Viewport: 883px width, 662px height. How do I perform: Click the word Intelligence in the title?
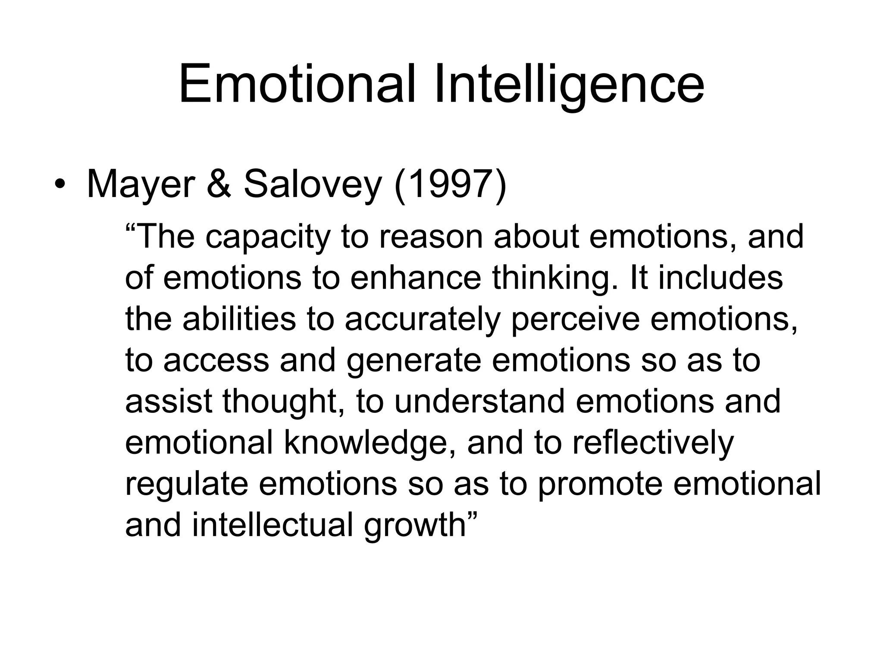[x=569, y=84]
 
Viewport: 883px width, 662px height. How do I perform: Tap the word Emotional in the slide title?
[x=297, y=84]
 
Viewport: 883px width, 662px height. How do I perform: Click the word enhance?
[x=415, y=278]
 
